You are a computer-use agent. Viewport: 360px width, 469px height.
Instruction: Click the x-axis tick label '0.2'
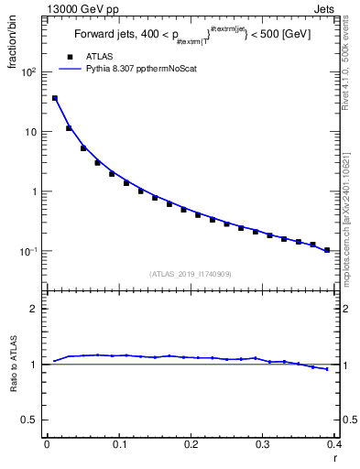(x=191, y=443)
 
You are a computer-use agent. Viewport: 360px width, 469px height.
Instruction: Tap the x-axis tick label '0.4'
(x=333, y=443)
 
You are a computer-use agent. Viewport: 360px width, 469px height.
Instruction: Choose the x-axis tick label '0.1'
(x=119, y=443)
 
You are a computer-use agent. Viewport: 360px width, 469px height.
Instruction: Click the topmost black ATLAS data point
(x=55, y=98)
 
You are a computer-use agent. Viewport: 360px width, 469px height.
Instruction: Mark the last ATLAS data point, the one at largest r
(x=327, y=249)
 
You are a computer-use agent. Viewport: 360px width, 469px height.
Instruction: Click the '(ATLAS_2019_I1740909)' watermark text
(x=191, y=273)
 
